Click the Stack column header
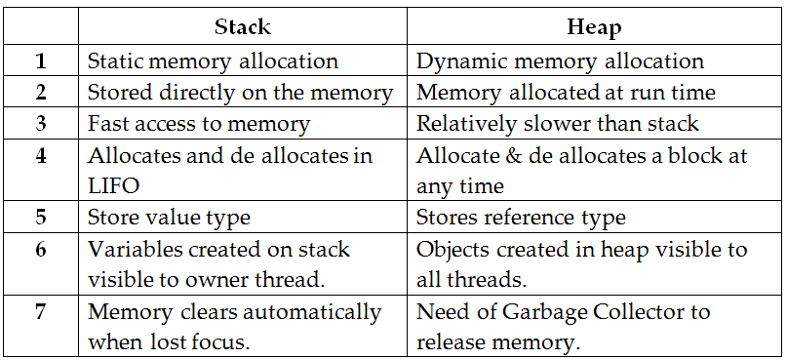[x=242, y=28]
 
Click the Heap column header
[x=593, y=28]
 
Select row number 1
[x=41, y=60]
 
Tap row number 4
[x=41, y=156]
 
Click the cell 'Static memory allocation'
[x=213, y=60]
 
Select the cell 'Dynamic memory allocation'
[x=560, y=60]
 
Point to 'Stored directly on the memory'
[x=240, y=93]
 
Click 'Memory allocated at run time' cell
[x=566, y=93]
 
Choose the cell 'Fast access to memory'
[x=199, y=124]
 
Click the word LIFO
[x=112, y=186]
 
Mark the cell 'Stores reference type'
[x=521, y=218]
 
